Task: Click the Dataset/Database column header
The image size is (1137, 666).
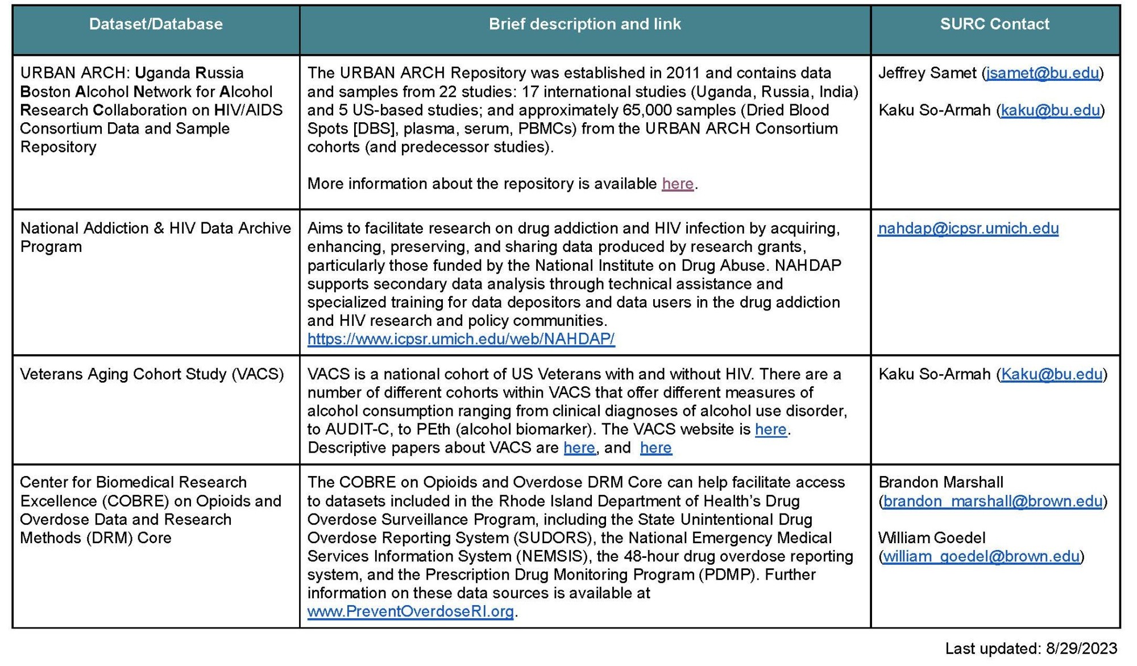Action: point(156,24)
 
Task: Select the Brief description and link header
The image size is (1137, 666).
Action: point(584,24)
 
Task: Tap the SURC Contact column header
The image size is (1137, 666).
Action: point(994,24)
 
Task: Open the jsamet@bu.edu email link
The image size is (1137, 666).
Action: point(1043,73)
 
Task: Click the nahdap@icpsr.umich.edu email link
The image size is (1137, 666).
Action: point(968,229)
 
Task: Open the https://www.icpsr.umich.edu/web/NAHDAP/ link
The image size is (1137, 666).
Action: point(460,339)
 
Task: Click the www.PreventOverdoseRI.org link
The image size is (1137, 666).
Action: point(410,611)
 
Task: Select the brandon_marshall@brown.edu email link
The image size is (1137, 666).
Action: point(993,501)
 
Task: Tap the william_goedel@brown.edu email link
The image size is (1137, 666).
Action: point(981,556)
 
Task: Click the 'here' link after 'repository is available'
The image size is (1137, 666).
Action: point(678,184)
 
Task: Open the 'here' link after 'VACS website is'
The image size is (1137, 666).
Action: point(770,429)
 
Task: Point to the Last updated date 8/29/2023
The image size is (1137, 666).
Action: point(1081,648)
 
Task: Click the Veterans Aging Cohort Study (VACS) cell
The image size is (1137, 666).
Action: point(152,374)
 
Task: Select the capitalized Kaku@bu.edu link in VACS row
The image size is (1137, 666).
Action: point(1052,374)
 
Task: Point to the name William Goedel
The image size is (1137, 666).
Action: point(932,538)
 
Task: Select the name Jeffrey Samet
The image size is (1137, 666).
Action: point(927,73)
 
